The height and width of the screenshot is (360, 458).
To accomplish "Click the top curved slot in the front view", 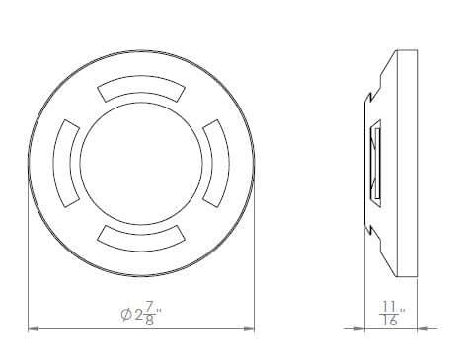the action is [141, 85].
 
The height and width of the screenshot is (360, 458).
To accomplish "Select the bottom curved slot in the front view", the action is [141, 243].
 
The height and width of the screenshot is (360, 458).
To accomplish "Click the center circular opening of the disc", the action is [141, 164].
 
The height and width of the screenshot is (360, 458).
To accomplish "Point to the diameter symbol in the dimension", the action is [126, 315].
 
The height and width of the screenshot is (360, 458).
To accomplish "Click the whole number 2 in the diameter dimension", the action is [138, 315].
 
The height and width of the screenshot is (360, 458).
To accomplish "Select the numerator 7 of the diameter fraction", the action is [149, 308].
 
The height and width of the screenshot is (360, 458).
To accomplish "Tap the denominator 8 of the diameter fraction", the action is [150, 321].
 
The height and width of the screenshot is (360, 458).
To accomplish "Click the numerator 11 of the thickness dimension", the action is [389, 307].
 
